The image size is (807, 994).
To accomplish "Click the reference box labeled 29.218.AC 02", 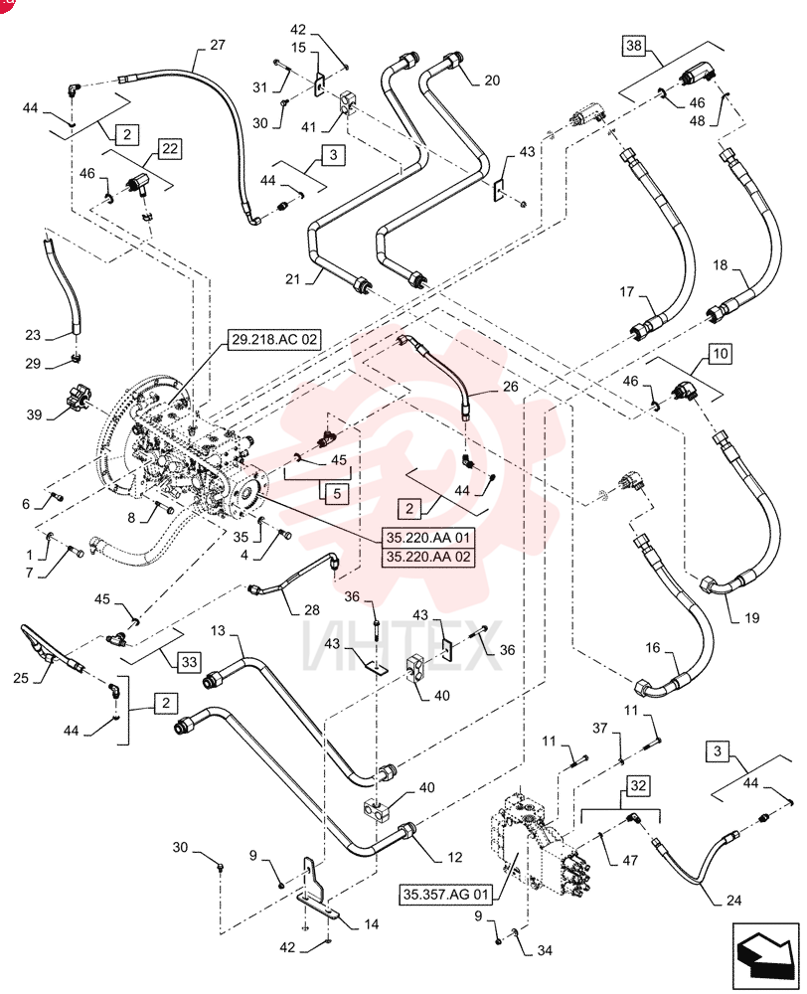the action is (x=274, y=340).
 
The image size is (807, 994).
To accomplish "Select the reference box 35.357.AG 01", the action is (x=446, y=895).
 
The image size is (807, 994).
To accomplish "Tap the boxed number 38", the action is (x=633, y=45).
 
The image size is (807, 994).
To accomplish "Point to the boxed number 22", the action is (x=170, y=149).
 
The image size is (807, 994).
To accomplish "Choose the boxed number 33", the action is (x=189, y=662).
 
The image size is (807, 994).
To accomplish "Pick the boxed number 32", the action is (x=638, y=786).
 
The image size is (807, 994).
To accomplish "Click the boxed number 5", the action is (x=337, y=493).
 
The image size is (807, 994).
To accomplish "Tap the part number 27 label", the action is (x=218, y=45).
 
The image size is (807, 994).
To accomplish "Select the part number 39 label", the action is (x=34, y=414).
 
